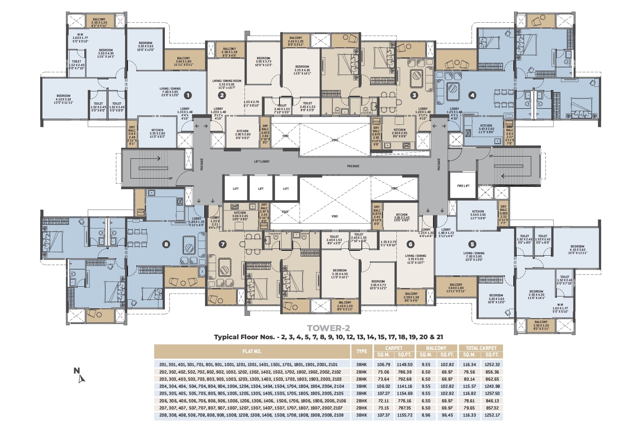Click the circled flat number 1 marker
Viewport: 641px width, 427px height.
(188, 95)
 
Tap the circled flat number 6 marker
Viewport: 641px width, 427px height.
(410, 244)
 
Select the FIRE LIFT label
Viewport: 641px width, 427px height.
(463, 186)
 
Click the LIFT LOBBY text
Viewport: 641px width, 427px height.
(262, 161)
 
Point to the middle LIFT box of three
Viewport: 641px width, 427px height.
(261, 189)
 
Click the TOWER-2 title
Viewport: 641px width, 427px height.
(328, 328)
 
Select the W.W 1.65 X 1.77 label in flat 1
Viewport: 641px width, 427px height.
(80, 38)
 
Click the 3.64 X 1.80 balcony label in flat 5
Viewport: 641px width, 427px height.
(456, 288)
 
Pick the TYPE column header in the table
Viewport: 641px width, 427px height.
(361, 351)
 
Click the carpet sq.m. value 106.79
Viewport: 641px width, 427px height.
(383, 364)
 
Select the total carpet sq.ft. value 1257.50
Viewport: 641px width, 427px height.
(492, 393)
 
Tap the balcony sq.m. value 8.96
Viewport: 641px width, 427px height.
(426, 415)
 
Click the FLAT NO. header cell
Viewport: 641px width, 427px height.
(252, 351)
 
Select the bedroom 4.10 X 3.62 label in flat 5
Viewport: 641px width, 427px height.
(577, 249)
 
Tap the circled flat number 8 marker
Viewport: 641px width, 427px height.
(166, 244)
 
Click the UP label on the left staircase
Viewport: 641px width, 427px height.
(170, 179)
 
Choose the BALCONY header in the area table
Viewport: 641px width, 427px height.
(436, 348)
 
